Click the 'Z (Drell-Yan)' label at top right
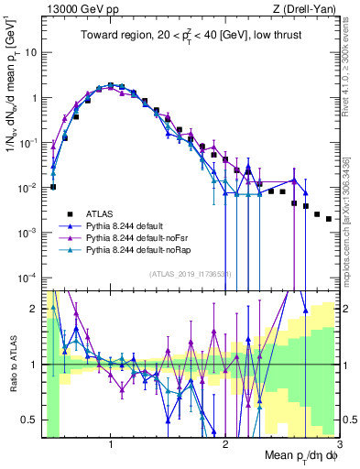305,7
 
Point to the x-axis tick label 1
111,445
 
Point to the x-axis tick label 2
225,445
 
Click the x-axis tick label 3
338,445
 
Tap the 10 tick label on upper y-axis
29,52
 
